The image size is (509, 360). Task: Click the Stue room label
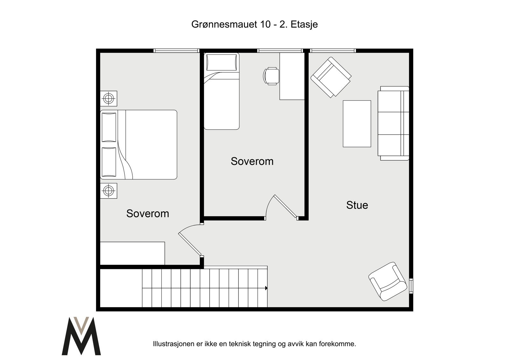(357, 205)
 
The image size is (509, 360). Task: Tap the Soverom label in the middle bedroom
(252, 161)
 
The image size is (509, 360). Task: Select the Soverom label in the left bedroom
(148, 214)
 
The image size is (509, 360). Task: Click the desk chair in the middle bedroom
(271, 76)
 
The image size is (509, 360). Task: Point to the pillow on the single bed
(221, 62)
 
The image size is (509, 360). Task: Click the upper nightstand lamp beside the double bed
(108, 98)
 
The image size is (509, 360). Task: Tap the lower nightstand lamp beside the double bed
(108, 191)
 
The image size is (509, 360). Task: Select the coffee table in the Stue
(357, 124)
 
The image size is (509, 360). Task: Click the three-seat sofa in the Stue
(393, 123)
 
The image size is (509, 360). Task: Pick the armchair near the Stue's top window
(331, 77)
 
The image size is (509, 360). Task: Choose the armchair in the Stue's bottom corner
(387, 282)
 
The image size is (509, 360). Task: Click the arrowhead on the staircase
(266, 288)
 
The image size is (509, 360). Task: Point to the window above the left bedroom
(176, 51)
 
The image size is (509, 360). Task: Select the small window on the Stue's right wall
(411, 286)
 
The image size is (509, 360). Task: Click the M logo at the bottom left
(81, 336)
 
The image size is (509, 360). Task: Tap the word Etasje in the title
(304, 24)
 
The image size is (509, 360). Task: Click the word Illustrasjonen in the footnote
(174, 344)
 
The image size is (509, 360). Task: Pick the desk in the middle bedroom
(292, 76)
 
